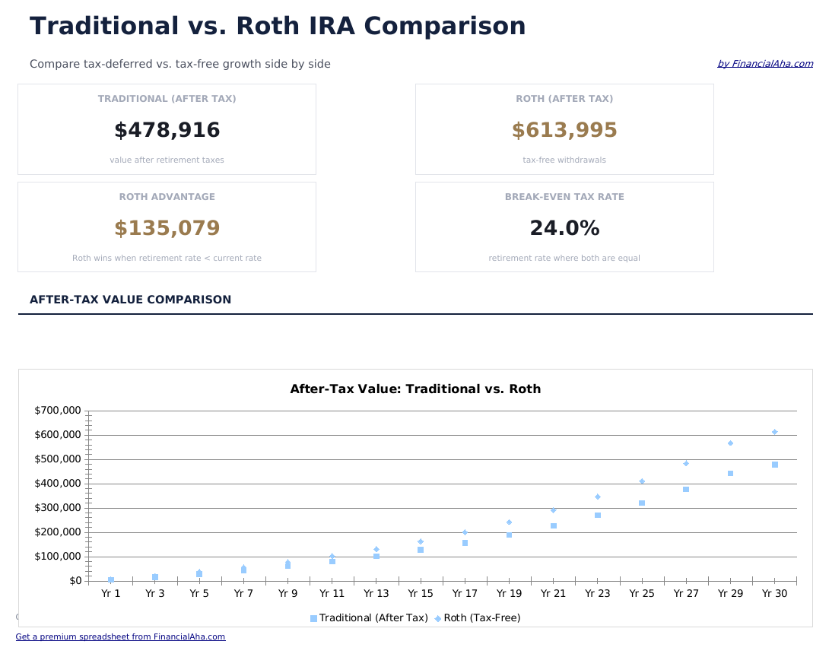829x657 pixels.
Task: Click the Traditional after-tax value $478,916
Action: click(x=167, y=131)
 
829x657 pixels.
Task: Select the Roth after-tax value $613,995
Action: click(x=564, y=131)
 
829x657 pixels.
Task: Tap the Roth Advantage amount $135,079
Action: click(x=167, y=229)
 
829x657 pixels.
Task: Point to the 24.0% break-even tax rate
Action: click(x=564, y=229)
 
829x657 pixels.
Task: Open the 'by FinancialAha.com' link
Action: click(x=764, y=64)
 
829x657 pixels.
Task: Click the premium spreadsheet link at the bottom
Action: click(x=120, y=637)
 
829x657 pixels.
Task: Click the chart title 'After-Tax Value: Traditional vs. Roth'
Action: click(x=415, y=389)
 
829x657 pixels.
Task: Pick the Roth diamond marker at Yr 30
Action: click(x=774, y=432)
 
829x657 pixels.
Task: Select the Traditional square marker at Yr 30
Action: click(x=774, y=465)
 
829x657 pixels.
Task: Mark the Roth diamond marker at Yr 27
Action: click(x=686, y=463)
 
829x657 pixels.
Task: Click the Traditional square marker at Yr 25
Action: click(x=642, y=503)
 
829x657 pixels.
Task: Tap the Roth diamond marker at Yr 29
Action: click(x=730, y=443)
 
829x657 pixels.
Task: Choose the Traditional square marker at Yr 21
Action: click(x=554, y=526)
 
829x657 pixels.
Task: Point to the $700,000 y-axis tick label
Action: click(x=58, y=411)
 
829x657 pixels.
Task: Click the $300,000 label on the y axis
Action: click(x=58, y=508)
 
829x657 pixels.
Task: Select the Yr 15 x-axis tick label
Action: click(x=421, y=594)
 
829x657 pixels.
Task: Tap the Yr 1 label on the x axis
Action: click(x=111, y=594)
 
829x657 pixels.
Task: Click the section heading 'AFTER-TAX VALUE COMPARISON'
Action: click(x=130, y=300)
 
